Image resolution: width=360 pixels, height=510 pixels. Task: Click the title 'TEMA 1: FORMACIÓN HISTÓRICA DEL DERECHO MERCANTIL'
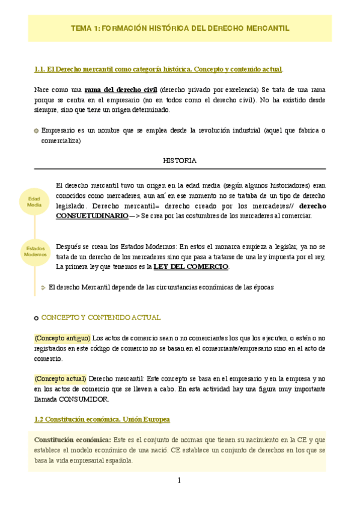coord(180,28)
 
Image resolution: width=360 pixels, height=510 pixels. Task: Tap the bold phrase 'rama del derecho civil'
coord(120,90)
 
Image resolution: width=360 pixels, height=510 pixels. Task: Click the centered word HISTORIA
coord(180,161)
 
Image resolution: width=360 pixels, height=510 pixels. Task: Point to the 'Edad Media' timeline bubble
coord(34,202)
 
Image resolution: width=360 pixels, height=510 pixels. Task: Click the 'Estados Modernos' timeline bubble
coord(35,251)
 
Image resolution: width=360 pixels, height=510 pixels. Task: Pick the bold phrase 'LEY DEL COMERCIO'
coord(192,266)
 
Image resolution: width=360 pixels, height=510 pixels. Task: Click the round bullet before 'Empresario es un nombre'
coord(37,131)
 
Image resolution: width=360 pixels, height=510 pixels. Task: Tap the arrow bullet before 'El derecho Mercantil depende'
coord(43,287)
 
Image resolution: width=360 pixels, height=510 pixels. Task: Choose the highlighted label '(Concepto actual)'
coord(60,379)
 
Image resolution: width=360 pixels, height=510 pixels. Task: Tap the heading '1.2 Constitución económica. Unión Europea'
coord(102,419)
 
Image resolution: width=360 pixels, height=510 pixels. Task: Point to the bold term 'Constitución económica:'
coord(73,440)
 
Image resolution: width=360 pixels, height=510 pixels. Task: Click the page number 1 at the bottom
coord(179,481)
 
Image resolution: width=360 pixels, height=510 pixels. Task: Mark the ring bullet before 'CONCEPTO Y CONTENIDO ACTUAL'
coord(37,318)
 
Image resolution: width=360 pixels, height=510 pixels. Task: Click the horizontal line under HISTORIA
coord(180,169)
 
